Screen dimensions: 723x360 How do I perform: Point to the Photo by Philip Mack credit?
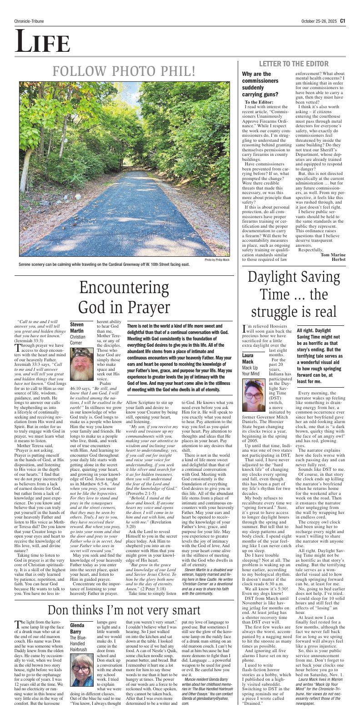tap(217, 260)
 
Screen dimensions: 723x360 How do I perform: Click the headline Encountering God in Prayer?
tap(125, 298)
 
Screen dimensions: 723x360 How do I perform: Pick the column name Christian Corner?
tap(78, 340)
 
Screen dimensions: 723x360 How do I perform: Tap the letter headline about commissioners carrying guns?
tap(263, 84)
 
